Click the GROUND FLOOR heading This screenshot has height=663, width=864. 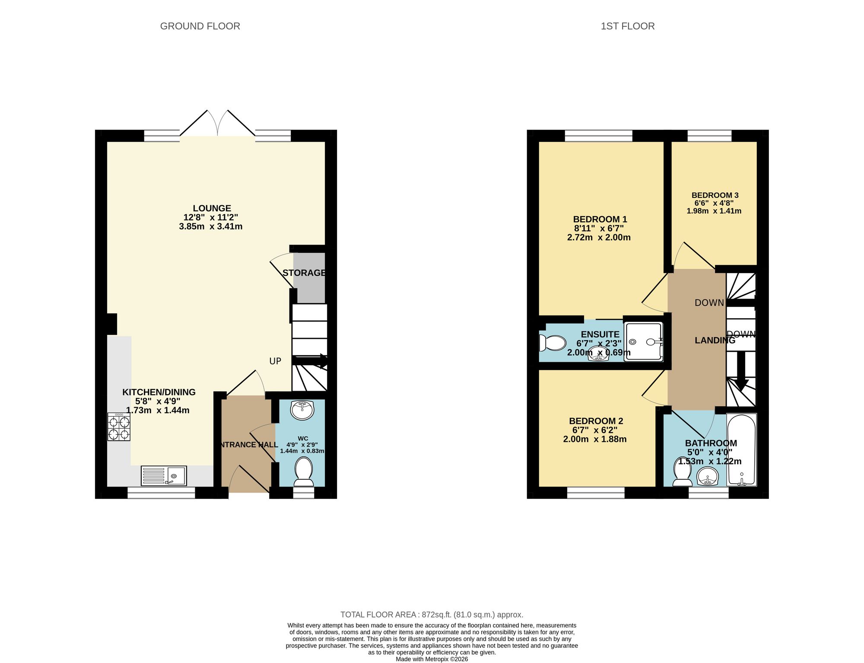200,26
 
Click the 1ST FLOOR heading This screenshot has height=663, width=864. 627,26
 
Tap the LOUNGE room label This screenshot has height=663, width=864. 212,208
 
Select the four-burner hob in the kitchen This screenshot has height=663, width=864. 119,427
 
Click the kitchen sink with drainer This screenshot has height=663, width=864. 164,475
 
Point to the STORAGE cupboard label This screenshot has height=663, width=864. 304,273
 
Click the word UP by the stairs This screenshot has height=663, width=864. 275,361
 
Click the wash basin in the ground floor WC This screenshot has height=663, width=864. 302,410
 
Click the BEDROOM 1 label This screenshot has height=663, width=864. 600,219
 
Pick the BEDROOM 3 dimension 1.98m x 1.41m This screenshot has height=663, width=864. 714,211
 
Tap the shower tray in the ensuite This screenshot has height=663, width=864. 643,342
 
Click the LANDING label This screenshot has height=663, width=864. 715,341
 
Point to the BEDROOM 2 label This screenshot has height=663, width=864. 596,421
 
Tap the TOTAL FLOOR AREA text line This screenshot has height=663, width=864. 432,615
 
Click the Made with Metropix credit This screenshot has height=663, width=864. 432,659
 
